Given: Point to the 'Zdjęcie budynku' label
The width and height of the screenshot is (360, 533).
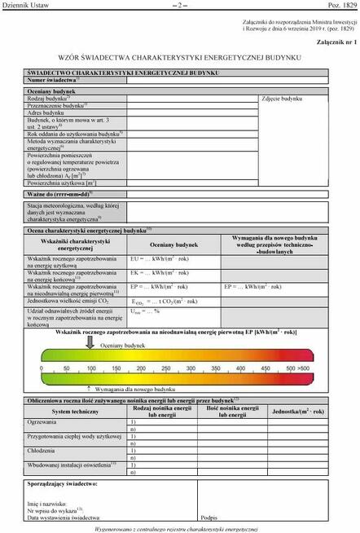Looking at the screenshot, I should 282,99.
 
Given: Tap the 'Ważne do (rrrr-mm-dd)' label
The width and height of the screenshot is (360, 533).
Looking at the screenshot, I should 60,194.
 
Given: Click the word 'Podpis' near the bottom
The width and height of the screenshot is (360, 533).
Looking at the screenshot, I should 209,518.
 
